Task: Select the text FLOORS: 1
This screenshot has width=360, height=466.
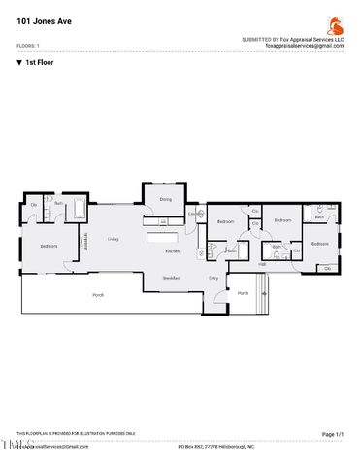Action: point(29,46)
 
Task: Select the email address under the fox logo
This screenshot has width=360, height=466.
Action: point(307,45)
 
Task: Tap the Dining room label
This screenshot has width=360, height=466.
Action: point(165,199)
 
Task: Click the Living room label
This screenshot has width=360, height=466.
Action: point(114,238)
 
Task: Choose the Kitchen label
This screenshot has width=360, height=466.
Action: point(172,251)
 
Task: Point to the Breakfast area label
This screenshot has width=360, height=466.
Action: point(172,278)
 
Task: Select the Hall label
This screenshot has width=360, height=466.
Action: point(262,263)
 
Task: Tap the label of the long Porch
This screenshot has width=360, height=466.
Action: point(98,294)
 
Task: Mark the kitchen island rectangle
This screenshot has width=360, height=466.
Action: point(164,236)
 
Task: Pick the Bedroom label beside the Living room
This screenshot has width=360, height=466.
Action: point(49,246)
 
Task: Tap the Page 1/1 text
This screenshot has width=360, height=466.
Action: point(332,434)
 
